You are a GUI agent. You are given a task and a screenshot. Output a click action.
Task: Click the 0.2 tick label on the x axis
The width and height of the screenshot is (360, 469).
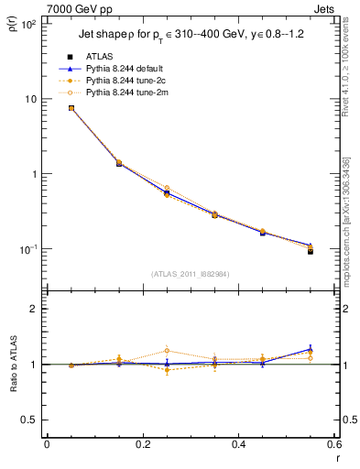pyautogui.click(x=142, y=445)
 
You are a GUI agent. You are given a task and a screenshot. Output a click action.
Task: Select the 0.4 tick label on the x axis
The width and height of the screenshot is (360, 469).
pyautogui.click(x=238, y=445)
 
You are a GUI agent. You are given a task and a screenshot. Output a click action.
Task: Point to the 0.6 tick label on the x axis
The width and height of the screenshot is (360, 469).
pyautogui.click(x=333, y=445)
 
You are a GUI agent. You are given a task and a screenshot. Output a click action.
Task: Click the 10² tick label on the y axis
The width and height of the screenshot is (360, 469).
pyautogui.click(x=27, y=24)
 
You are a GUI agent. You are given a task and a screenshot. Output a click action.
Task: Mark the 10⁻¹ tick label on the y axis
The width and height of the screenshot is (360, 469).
pyautogui.click(x=27, y=249)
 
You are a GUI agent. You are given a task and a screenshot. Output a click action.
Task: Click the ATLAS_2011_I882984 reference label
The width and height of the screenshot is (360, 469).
pyautogui.click(x=191, y=274)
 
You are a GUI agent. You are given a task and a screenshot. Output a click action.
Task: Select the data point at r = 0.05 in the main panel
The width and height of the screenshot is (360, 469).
pyautogui.click(x=71, y=108)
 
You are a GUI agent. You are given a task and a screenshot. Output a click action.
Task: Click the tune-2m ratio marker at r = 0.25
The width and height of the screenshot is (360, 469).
pyautogui.click(x=167, y=350)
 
